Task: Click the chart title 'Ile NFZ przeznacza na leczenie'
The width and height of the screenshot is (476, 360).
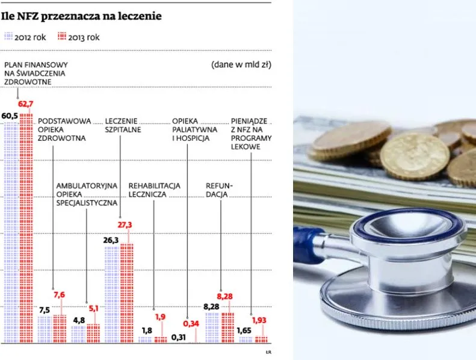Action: click(81, 16)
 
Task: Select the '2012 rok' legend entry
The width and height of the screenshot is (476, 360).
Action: click(25, 37)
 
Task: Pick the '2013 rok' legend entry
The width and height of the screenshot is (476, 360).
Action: click(79, 37)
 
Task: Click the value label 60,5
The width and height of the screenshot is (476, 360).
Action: click(10, 115)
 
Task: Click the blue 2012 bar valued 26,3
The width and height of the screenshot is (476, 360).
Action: click(111, 295)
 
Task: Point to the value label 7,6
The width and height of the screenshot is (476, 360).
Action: click(60, 295)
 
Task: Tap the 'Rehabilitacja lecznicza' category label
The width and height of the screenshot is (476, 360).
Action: click(154, 190)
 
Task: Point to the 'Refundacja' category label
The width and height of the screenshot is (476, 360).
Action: click(219, 190)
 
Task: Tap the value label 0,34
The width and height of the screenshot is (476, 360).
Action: click(191, 323)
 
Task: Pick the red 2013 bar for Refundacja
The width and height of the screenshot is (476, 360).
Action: click(227, 327)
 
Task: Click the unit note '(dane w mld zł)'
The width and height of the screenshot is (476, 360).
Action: click(241, 64)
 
